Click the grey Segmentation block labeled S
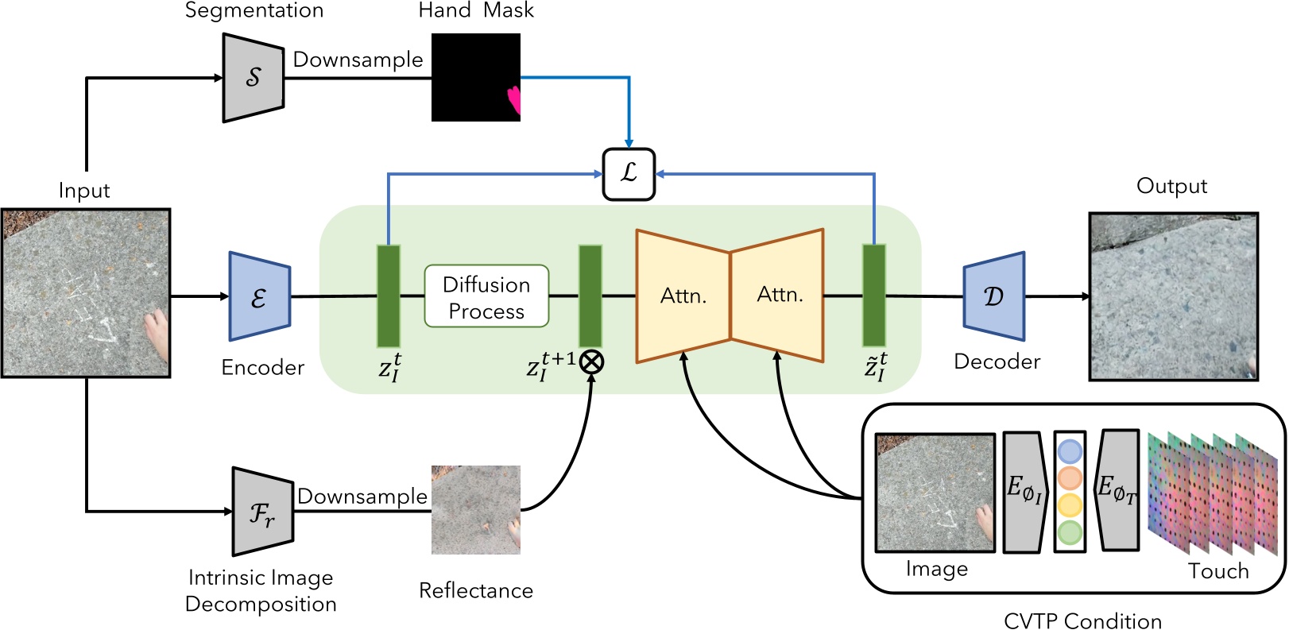tap(254, 78)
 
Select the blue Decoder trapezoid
tap(994, 296)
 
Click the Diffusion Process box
tap(486, 296)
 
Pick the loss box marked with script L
tap(629, 174)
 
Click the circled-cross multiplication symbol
tap(591, 362)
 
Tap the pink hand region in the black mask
tap(515, 99)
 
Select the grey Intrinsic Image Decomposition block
tap(263, 512)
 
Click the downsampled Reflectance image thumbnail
tap(475, 510)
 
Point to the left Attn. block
tap(683, 296)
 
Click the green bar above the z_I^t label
tap(388, 296)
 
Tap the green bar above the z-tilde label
tap(874, 296)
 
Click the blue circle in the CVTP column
tap(1070, 452)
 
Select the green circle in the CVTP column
tap(1070, 532)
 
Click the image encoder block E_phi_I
tap(1024, 492)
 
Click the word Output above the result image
tap(1171, 186)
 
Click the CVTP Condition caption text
tap(1082, 620)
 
